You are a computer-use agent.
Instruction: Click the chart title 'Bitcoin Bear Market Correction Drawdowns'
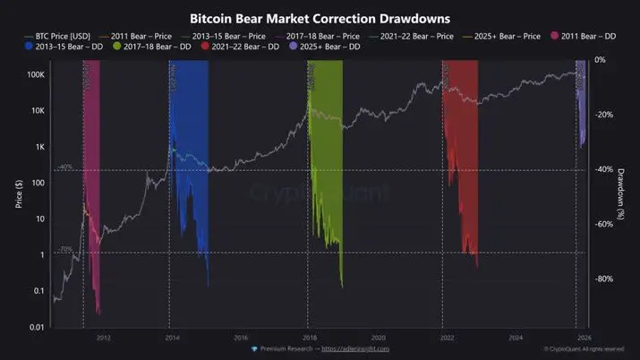(x=319, y=18)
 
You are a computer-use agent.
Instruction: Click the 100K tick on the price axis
(x=34, y=75)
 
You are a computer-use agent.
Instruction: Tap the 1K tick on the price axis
(x=38, y=147)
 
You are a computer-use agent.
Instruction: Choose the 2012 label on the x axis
(x=103, y=338)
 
